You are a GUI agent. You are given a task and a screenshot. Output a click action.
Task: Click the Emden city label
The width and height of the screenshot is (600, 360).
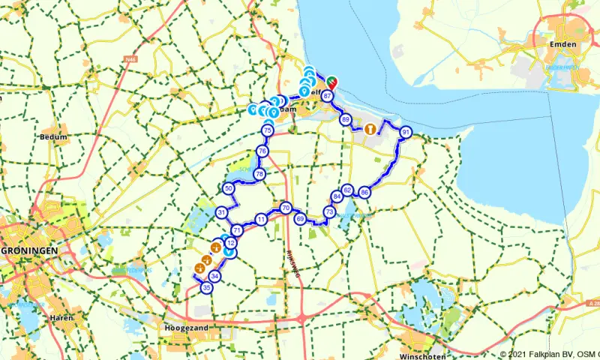(x=564, y=44)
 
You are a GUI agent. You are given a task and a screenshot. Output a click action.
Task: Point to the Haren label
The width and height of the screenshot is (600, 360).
(x=63, y=319)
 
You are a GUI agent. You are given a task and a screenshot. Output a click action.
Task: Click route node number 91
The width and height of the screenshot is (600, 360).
(x=406, y=132)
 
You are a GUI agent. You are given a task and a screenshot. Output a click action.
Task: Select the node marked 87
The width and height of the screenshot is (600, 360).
(x=326, y=95)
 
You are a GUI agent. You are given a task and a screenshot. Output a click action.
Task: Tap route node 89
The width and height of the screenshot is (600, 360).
(x=346, y=119)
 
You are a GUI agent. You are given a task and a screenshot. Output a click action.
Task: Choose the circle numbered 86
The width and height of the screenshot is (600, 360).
(x=364, y=192)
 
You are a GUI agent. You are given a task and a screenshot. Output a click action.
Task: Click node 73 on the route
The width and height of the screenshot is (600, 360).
(x=329, y=213)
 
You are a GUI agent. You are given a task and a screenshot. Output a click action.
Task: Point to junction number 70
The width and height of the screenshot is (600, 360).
(x=285, y=208)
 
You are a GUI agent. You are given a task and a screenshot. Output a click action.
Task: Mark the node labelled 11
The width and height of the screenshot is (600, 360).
(x=261, y=219)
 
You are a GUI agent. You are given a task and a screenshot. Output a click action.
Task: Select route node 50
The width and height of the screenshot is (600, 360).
(x=229, y=188)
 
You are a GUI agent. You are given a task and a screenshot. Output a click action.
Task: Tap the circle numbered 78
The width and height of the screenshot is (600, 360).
(x=259, y=174)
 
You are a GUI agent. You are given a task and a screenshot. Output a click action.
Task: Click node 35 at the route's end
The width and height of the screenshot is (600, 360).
(x=207, y=287)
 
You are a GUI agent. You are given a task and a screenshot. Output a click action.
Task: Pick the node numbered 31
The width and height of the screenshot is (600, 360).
(x=222, y=213)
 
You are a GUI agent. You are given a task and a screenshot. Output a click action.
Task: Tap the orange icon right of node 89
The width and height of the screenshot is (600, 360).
(x=370, y=129)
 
